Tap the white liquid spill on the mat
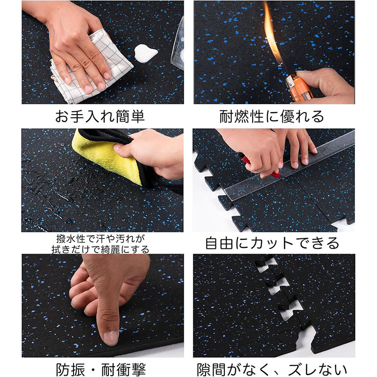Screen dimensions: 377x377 145,53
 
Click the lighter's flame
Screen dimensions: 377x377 272,33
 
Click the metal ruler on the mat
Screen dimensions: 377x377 288,168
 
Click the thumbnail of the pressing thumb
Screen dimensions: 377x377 111,337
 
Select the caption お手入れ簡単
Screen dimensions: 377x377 100,116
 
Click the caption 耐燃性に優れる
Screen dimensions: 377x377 272,116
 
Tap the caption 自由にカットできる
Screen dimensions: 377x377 272,243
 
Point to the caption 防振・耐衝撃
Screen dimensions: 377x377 101,369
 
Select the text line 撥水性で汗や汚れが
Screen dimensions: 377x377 101,239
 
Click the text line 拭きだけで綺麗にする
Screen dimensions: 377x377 100,249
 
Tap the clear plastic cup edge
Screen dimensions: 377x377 178,43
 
